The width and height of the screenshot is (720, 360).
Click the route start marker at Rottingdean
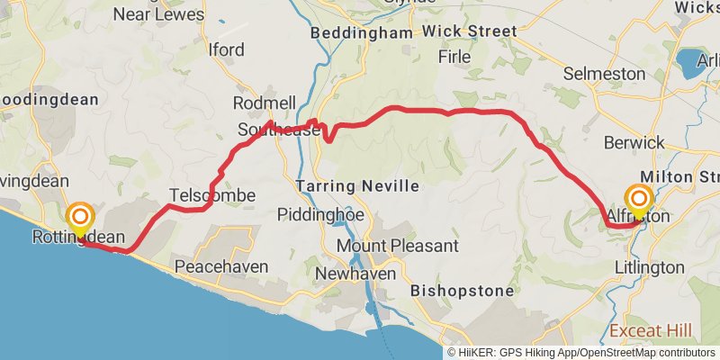80,217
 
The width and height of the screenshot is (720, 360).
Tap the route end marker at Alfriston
640,199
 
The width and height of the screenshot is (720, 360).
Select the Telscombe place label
212,195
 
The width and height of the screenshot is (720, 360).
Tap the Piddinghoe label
321,216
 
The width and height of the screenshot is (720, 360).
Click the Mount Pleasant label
397,245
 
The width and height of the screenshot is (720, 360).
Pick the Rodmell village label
264,103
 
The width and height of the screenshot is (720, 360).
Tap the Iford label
226,49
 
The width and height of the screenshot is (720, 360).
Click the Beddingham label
361,32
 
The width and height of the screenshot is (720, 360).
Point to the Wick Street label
470,31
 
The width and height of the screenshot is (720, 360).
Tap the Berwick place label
634,142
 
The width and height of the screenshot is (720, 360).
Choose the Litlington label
649,267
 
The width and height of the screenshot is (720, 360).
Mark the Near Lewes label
158,14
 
